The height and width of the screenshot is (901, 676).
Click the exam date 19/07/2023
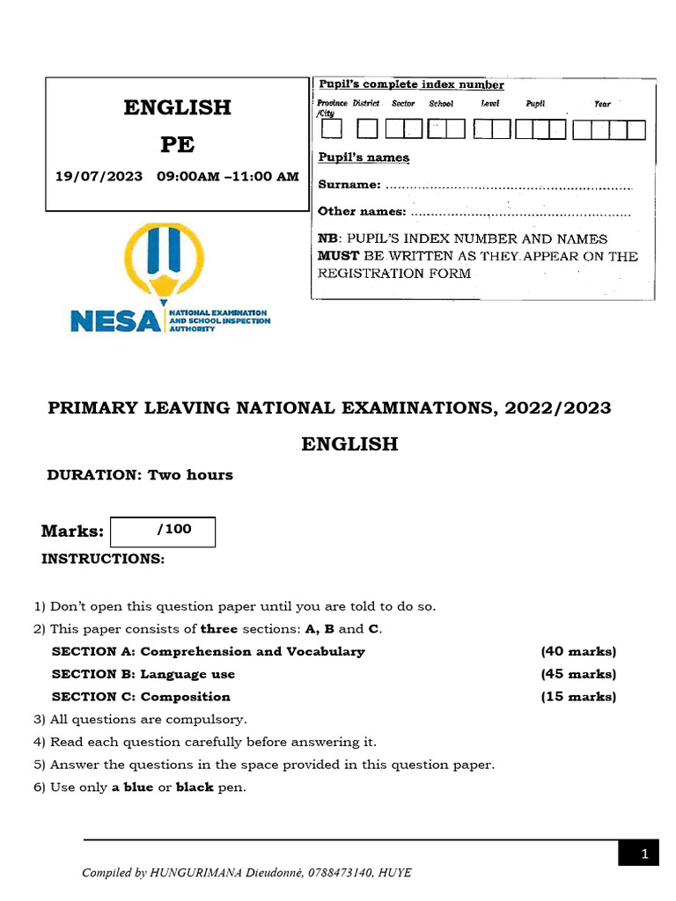99,177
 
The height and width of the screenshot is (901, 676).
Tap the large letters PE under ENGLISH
177,144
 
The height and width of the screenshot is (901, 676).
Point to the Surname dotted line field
509,186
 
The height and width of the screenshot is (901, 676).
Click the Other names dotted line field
520,212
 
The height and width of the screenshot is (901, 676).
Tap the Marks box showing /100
163,531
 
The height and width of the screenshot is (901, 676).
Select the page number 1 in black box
644,854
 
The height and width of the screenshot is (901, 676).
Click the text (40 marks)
578,652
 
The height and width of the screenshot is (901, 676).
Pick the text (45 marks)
578,675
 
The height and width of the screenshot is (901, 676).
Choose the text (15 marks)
578,697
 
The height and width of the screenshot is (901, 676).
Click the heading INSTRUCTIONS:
103,560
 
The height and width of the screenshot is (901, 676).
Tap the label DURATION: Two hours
140,475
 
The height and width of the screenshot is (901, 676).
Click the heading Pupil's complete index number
411,85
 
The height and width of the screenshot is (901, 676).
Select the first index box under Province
332,130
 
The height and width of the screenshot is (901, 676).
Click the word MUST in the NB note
338,256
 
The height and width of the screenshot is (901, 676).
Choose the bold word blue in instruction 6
138,787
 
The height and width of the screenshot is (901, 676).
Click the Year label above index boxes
602,104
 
